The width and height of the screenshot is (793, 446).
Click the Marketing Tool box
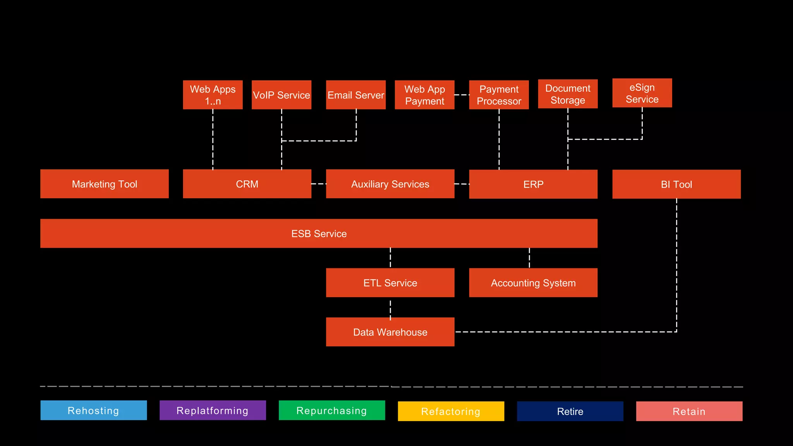pos(105,184)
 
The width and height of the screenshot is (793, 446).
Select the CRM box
pos(247,184)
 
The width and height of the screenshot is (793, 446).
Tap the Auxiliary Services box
pos(390,184)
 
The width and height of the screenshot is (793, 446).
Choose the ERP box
pos(533,184)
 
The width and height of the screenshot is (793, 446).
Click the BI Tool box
pos(676,184)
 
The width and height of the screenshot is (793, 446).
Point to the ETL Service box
pos(390,283)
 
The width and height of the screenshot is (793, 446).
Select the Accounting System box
pos(533,283)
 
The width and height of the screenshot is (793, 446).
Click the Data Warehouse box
pos(390,332)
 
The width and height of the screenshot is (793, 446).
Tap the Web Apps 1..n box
pos(213,95)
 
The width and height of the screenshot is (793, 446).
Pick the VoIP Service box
pos(281,95)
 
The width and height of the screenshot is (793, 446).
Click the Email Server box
pos(356,95)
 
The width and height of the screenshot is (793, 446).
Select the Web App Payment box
pos(424,95)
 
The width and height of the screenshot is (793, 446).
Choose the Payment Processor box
pos(499,95)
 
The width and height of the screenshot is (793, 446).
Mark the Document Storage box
pos(568,94)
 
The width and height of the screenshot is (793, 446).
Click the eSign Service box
pos(642,93)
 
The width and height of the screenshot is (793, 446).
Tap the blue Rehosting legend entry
pos(94,410)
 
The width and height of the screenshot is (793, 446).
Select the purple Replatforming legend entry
pos(213,410)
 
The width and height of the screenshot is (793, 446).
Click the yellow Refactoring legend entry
pos(451,411)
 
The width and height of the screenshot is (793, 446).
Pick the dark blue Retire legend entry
pos(570,411)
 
